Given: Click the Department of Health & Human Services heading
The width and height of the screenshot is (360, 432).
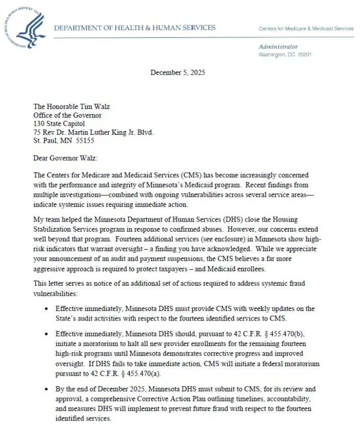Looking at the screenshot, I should tap(135, 28).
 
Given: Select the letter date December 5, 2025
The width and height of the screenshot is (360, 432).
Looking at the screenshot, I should tap(177, 72).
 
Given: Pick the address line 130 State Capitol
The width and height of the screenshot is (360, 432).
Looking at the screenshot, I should tap(59, 123).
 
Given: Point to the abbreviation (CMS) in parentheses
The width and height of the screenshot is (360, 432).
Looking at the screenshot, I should tap(176, 175).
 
